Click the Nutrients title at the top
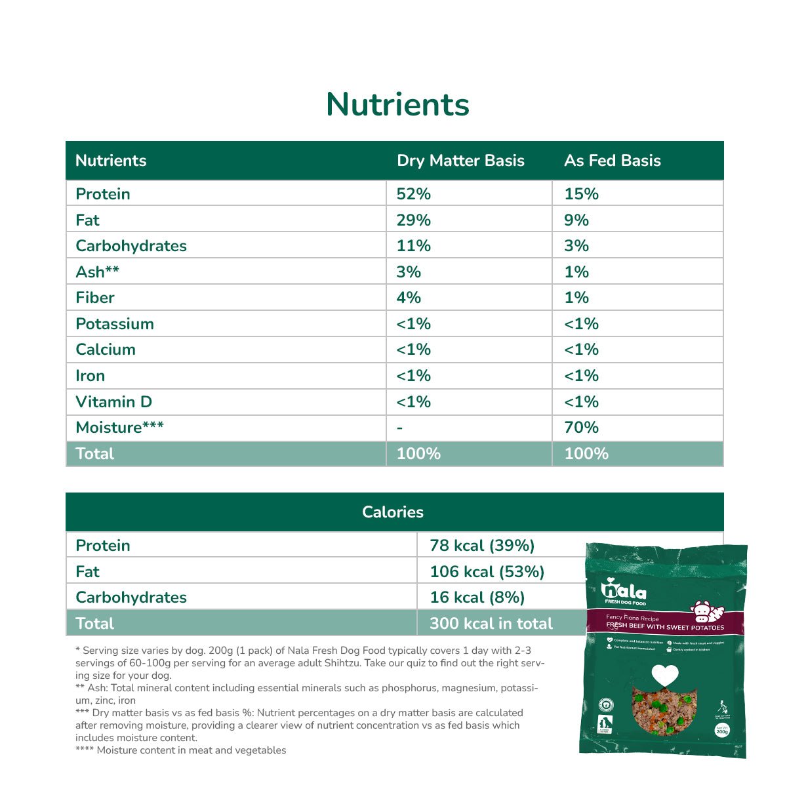click(397, 104)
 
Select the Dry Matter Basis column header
click(460, 161)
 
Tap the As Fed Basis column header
click(612, 161)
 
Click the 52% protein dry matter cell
click(414, 194)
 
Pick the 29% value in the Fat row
click(414, 220)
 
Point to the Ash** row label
click(97, 272)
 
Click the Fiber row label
click(95, 298)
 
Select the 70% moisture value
click(581, 428)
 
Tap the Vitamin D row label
click(113, 402)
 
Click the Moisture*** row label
click(119, 428)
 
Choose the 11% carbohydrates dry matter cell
click(414, 246)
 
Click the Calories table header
click(393, 512)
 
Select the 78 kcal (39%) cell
click(482, 546)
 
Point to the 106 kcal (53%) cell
click(487, 572)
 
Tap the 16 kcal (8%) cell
click(477, 597)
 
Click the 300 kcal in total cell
click(491, 624)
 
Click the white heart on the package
click(664, 675)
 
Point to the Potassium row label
click(115, 324)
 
